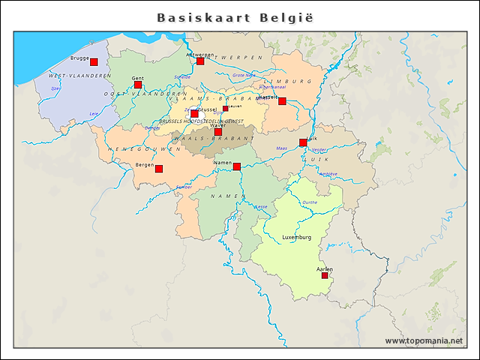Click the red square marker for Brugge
tap(94, 61)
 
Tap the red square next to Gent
tap(138, 85)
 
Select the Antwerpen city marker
tap(200, 61)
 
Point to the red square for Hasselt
tap(282, 101)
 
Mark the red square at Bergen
tap(159, 169)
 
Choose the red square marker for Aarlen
tap(325, 275)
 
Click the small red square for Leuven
tap(226, 108)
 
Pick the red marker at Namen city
tap(237, 166)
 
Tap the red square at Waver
tap(218, 132)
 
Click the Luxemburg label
tap(296, 237)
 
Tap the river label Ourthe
tap(309, 202)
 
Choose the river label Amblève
tap(328, 173)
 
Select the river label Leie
tap(94, 113)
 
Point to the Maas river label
tap(281, 148)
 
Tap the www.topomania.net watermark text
tap(424, 340)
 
